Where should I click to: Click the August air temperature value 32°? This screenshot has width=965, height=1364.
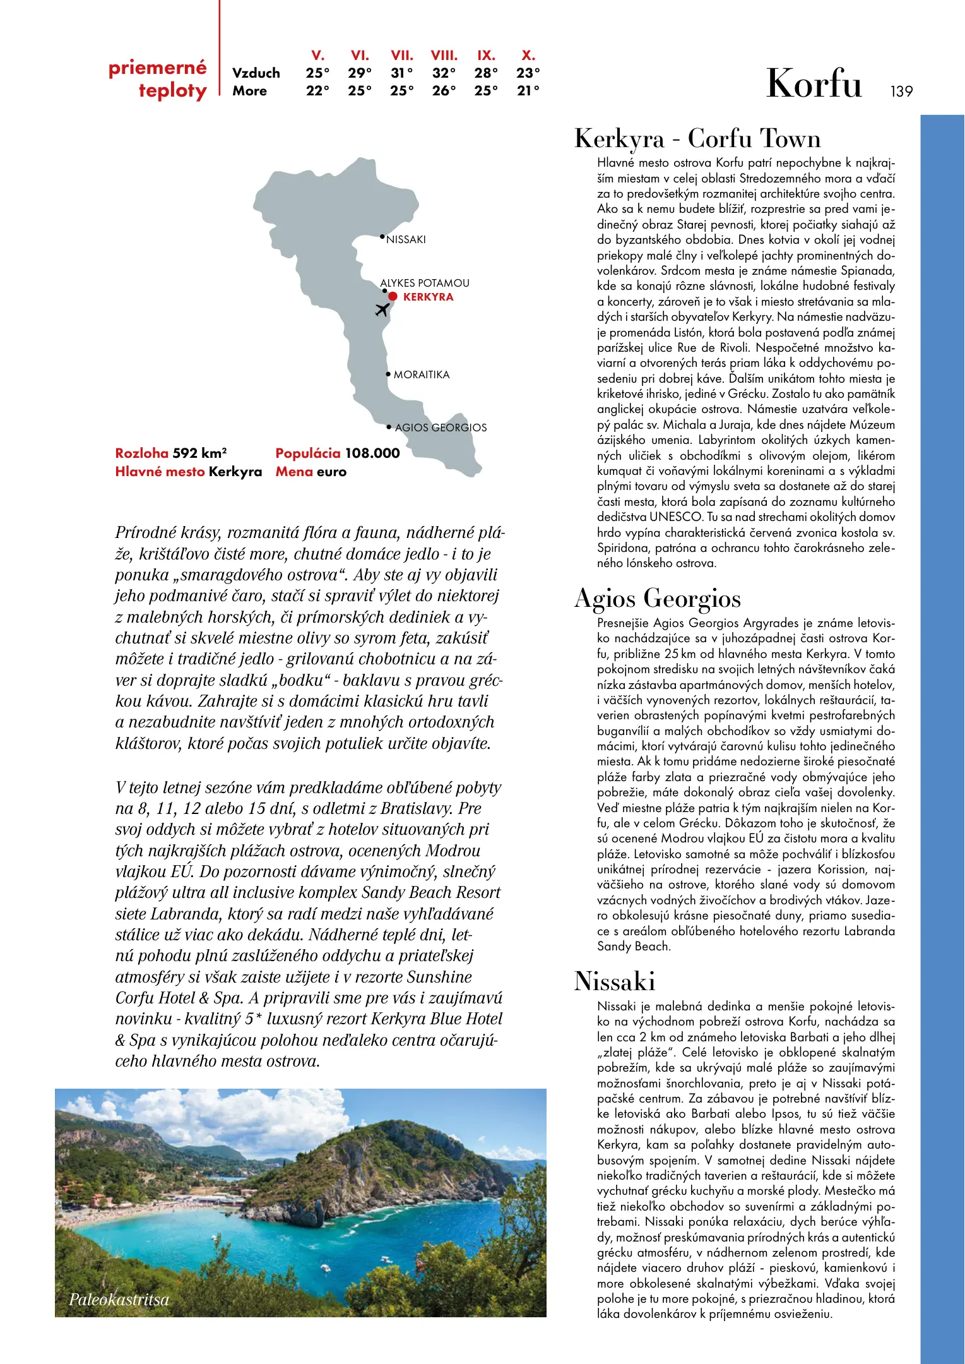(x=444, y=73)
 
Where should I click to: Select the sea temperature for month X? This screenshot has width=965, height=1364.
(x=528, y=91)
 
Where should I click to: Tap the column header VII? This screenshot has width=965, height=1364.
(x=402, y=56)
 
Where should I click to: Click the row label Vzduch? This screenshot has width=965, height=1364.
(x=256, y=73)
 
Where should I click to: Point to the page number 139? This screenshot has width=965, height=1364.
(x=901, y=92)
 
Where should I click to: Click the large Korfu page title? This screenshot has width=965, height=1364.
(x=814, y=83)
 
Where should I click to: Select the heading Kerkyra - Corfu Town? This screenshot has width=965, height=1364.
(x=697, y=139)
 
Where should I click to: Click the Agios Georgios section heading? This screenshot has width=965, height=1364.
(x=658, y=598)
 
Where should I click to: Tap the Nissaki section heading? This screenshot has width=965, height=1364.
(x=615, y=981)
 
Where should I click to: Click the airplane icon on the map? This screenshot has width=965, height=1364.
(x=382, y=309)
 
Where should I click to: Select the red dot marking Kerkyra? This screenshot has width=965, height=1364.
(x=393, y=296)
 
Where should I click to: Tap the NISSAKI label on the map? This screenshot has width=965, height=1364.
(x=406, y=240)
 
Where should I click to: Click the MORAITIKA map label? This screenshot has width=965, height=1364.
(x=422, y=375)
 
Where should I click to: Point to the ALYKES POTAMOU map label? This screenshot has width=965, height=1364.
(x=425, y=283)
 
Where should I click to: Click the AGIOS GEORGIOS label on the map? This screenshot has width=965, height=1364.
(x=441, y=428)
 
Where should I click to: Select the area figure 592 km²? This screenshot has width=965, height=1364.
(x=199, y=453)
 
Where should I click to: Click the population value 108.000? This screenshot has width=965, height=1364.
(x=372, y=453)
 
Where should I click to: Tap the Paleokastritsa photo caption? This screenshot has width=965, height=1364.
(x=119, y=1300)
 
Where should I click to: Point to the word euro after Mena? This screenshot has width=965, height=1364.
(x=331, y=472)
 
